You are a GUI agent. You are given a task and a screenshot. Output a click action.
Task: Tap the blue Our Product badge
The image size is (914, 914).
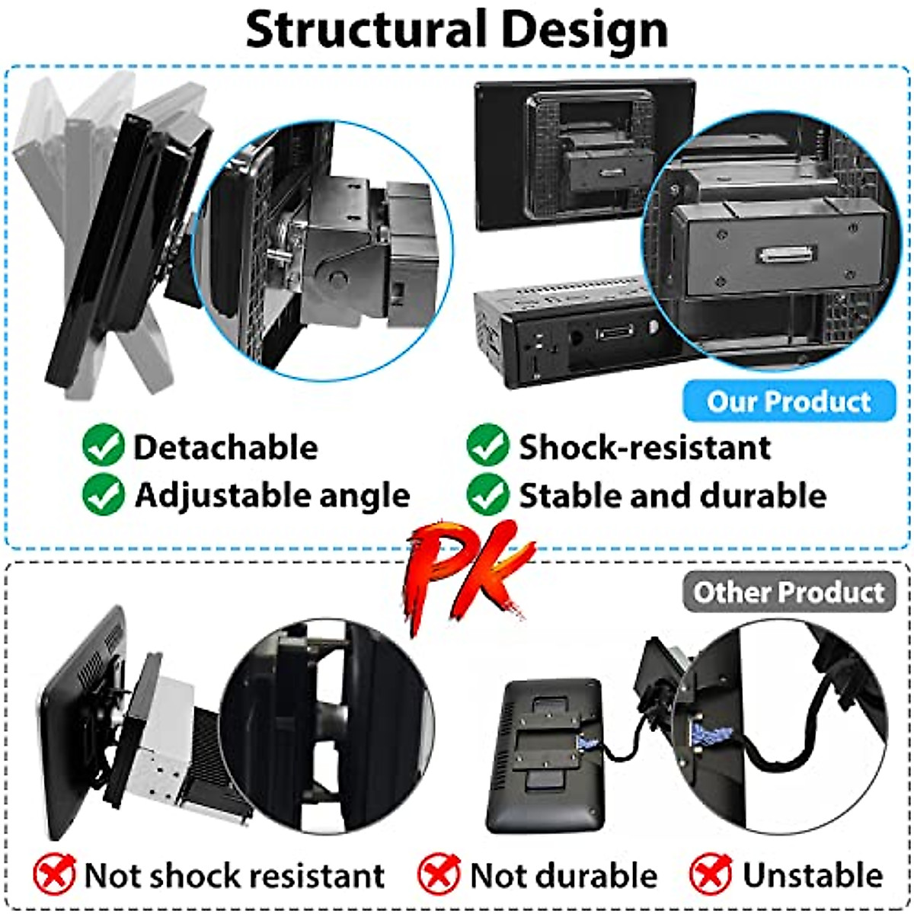[788, 401]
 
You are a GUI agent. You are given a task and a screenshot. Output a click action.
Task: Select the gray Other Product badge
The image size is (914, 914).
[788, 592]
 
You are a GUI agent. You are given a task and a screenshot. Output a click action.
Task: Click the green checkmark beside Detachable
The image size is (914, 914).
[103, 446]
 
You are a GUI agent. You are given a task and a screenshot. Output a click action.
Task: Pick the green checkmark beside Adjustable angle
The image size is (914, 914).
[103, 495]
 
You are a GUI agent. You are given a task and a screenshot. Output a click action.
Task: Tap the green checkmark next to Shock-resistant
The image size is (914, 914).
[487, 446]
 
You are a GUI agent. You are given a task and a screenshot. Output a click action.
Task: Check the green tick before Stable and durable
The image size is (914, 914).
[487, 495]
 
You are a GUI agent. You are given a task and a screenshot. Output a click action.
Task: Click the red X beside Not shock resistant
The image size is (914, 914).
[54, 874]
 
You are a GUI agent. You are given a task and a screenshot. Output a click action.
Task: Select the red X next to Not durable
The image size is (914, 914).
[439, 874]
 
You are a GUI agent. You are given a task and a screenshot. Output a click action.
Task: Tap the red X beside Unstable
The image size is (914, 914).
[711, 874]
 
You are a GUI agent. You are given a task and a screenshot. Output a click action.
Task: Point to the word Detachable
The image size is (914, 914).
[225, 447]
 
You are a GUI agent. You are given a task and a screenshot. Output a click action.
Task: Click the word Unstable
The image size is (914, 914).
[813, 875]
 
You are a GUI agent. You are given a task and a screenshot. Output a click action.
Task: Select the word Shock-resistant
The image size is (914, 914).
[644, 447]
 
